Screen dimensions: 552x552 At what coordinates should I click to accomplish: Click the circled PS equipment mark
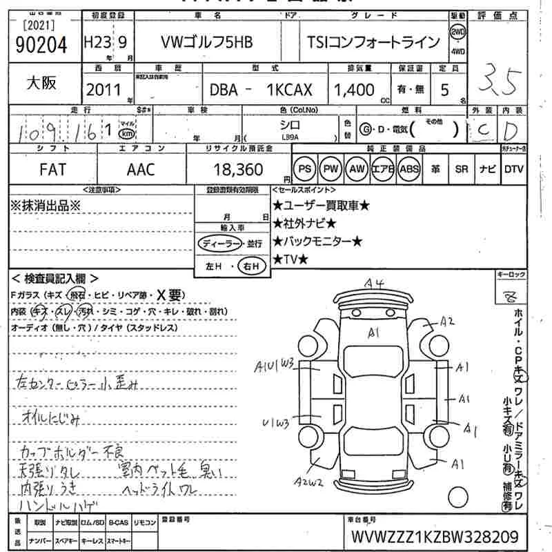304,169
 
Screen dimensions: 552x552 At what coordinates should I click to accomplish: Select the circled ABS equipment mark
409,169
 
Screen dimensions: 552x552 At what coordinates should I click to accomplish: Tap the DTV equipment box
513,169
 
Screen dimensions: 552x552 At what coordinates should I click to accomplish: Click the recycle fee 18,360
235,169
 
